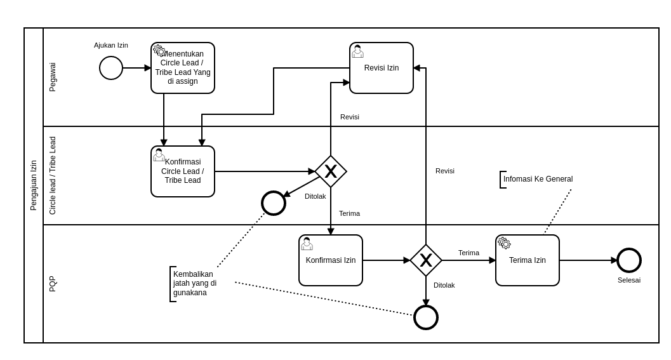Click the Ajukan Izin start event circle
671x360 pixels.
(111, 68)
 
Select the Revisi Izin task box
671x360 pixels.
(382, 69)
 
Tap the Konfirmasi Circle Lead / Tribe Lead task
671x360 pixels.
(183, 171)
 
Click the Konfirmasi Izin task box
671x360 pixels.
(331, 260)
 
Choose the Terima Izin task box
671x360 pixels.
(528, 260)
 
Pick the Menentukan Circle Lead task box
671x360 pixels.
(183, 69)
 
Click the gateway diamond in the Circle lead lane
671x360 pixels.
(331, 171)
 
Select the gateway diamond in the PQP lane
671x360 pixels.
(426, 260)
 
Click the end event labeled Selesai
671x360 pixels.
(629, 260)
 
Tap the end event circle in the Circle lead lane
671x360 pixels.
(274, 203)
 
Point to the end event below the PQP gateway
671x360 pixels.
(426, 317)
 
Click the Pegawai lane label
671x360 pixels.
(53, 77)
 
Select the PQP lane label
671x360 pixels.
(53, 284)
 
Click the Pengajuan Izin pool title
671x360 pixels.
(34, 185)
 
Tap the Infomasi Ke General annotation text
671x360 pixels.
(538, 179)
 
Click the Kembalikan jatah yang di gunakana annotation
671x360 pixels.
(195, 284)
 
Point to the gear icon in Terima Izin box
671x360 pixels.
(505, 243)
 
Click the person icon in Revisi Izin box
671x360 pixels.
(358, 51)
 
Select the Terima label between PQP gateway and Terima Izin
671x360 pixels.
(468, 253)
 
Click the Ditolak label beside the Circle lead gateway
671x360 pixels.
(316, 196)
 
